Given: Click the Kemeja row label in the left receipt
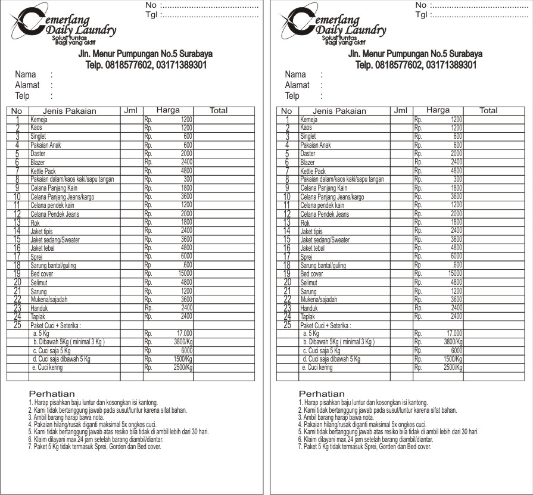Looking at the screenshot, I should (39, 120).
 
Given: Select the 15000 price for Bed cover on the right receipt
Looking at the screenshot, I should (454, 274).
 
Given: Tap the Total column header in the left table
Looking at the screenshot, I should (219, 110).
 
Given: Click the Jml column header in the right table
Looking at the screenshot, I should (401, 110).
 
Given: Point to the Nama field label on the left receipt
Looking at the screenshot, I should (26, 74).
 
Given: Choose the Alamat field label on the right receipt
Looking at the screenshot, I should (297, 85).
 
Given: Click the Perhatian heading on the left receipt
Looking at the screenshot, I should (52, 394).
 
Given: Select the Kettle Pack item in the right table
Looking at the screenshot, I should (313, 172).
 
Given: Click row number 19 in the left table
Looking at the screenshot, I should (17, 274).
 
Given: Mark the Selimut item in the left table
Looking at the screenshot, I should (40, 283).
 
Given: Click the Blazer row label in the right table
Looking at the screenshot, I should (308, 163).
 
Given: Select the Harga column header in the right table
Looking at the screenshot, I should (438, 110).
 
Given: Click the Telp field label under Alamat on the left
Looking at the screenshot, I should (23, 96).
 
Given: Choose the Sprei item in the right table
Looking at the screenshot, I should (307, 257).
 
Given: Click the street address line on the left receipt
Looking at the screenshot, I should (145, 54).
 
